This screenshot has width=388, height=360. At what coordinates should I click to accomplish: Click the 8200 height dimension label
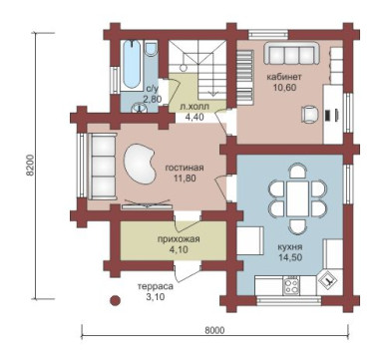(x=30, y=166)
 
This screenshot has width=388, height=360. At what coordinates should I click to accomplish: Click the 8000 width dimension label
(x=214, y=330)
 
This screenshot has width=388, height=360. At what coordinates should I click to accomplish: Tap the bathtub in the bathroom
(x=132, y=65)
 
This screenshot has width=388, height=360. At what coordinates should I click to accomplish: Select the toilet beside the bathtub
(x=152, y=48)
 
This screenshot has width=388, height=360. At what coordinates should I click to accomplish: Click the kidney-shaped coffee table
(x=139, y=163)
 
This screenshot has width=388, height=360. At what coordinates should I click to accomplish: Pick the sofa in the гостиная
(x=102, y=167)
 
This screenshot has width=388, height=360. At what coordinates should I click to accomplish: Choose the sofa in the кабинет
(x=291, y=53)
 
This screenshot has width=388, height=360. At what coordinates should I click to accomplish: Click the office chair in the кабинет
(x=310, y=115)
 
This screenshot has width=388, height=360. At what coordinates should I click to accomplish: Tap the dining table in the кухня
(x=297, y=198)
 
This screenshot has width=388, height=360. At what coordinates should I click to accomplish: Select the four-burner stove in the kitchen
(x=291, y=286)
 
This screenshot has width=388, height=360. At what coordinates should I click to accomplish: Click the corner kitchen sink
(x=328, y=281)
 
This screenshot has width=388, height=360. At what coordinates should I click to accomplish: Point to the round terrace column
(x=115, y=300)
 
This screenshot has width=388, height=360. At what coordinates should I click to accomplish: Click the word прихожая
(x=179, y=239)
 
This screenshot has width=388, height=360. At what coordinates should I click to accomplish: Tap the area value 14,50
(x=291, y=257)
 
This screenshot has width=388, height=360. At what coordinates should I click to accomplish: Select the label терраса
(x=156, y=286)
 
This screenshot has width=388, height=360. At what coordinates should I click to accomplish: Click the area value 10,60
(x=284, y=88)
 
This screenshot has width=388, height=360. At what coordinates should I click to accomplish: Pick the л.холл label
(x=194, y=107)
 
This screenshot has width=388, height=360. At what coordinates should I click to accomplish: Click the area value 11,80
(x=185, y=178)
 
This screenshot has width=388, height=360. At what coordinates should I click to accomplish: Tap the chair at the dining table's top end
(x=297, y=171)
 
